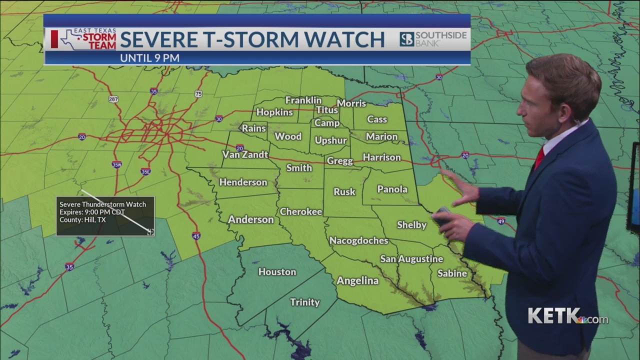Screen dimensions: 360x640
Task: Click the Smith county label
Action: [299, 168]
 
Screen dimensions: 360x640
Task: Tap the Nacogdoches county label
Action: [358, 241]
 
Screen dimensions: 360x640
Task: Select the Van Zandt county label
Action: [245, 154]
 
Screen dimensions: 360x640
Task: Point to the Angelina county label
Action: [357, 281]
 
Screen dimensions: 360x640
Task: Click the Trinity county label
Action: [305, 302]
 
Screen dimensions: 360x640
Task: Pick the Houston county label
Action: [277, 272]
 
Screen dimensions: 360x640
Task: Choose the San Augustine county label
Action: [411, 259]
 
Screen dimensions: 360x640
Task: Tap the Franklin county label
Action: [303, 100]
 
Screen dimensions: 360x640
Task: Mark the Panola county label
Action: [392, 189]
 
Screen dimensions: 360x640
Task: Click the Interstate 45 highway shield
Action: [196, 236]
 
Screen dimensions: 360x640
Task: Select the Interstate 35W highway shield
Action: [116, 164]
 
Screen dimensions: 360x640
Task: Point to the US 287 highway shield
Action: [113, 99]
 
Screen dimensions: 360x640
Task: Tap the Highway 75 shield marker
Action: [198, 94]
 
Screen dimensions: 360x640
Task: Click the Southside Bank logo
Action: [433, 39]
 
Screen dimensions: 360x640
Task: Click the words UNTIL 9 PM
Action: [149, 58]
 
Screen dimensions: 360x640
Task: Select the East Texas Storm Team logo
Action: [84, 39]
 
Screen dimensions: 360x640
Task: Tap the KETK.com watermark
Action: [567, 316]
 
